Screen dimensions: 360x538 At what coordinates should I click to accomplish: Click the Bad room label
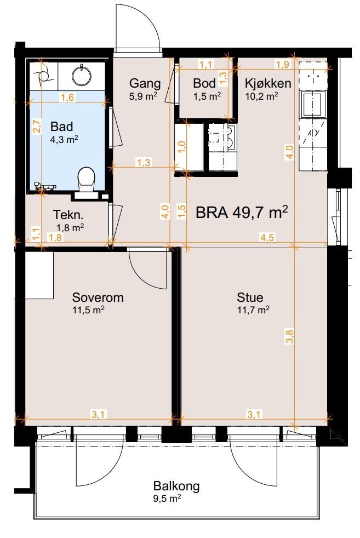61,126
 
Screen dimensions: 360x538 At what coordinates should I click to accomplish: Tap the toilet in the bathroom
86,180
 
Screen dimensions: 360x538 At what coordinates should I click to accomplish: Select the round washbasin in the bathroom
82,74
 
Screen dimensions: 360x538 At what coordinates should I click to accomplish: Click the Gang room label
145,83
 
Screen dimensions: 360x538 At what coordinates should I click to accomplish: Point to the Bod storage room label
204,83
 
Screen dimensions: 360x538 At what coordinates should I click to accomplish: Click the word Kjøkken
268,83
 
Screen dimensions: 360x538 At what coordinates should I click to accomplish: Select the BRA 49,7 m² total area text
242,213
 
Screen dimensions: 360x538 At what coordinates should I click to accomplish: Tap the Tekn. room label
68,215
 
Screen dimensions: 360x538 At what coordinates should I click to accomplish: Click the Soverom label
98,297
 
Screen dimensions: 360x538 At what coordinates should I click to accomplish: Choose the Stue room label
250,297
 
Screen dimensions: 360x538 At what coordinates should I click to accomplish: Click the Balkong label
176,486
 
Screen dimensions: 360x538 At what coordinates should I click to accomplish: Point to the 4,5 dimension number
267,237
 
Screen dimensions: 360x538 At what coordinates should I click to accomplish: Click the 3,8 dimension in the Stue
290,336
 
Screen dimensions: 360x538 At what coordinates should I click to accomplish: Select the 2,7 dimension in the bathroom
37,125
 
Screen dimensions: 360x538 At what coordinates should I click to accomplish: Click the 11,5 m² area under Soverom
89,310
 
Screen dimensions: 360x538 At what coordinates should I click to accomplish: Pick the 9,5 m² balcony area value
167,499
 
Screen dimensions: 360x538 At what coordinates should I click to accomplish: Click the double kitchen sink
222,138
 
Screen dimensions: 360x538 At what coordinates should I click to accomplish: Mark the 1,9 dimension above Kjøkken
283,64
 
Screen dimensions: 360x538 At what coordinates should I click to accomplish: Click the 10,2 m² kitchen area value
261,96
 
